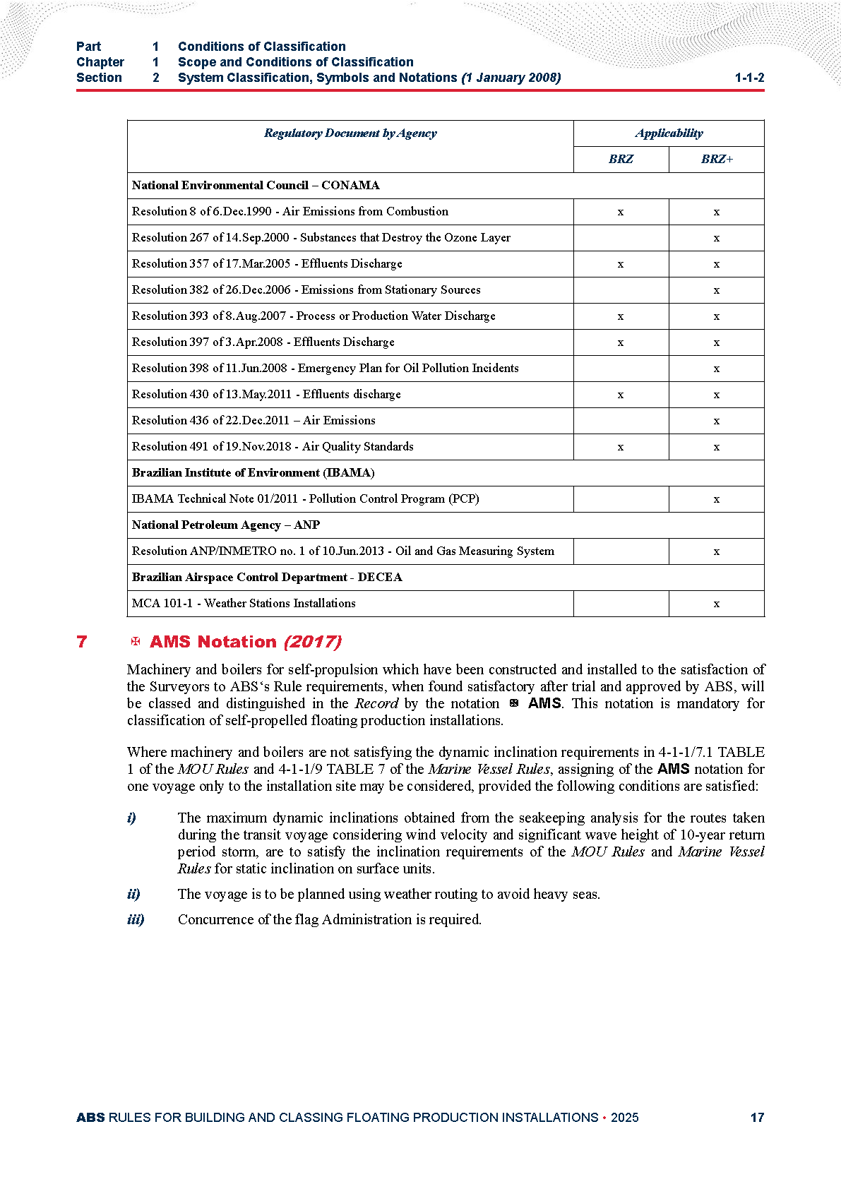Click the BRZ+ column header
(x=717, y=160)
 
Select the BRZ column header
(x=621, y=160)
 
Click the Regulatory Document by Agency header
(x=350, y=133)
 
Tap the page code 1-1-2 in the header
(x=749, y=78)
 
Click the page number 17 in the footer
(x=757, y=1118)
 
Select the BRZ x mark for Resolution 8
(x=621, y=212)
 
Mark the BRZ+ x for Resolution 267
(x=717, y=238)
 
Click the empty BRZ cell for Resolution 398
(x=621, y=369)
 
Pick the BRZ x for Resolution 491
(x=621, y=447)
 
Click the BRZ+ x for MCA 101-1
(x=717, y=604)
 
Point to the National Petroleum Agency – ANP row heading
(x=226, y=525)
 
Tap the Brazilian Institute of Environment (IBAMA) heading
(x=253, y=473)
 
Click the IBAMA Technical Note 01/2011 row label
(x=305, y=499)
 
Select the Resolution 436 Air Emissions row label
(x=254, y=421)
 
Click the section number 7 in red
(x=82, y=642)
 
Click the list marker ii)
(x=133, y=895)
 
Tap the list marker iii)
(x=136, y=920)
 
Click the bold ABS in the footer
(x=90, y=1118)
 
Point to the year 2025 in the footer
(x=624, y=1118)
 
